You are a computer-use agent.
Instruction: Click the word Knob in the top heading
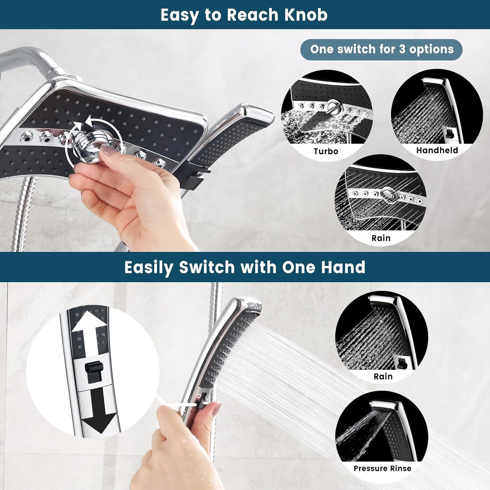coord(306,15)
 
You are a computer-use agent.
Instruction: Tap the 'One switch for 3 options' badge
coord(381,50)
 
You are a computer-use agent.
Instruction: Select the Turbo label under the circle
coord(326,151)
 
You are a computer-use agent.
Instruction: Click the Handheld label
coord(437,150)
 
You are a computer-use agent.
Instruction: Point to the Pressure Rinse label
coord(382,468)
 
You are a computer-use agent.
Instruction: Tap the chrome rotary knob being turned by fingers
coord(87,144)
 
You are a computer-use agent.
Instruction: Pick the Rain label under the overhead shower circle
coord(381,238)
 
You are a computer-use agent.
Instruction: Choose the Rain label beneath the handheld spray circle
coord(383,376)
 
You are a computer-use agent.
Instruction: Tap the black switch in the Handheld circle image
coord(450,133)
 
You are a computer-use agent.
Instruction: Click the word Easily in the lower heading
coord(149,267)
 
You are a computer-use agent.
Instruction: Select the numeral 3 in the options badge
coord(402,49)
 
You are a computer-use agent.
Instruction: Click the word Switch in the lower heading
coord(207,267)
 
